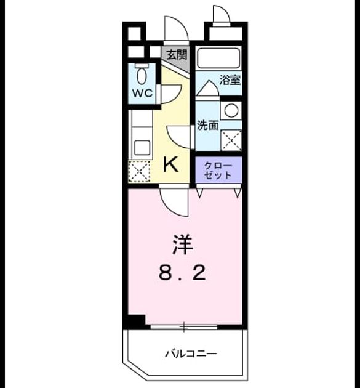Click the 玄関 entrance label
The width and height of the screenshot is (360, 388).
[x=177, y=55]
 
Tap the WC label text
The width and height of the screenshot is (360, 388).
[x=142, y=93]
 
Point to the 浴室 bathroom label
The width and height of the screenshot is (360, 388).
[x=230, y=80]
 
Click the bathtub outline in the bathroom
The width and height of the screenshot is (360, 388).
[x=218, y=58]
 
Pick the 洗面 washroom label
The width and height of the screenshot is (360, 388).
[x=207, y=125]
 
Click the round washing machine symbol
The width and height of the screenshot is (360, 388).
[x=231, y=111]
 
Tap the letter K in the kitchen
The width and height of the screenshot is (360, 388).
[x=171, y=165]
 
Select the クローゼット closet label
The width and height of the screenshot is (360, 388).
[x=218, y=171]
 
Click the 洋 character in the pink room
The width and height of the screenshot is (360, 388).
[x=183, y=245]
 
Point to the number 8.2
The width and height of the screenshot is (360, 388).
[x=182, y=273]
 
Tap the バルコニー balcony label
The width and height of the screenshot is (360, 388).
[x=191, y=354]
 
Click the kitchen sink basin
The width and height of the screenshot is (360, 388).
[x=142, y=148]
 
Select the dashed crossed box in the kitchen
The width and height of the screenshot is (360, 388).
[x=139, y=171]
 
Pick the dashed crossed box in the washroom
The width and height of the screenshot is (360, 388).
[x=231, y=140]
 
